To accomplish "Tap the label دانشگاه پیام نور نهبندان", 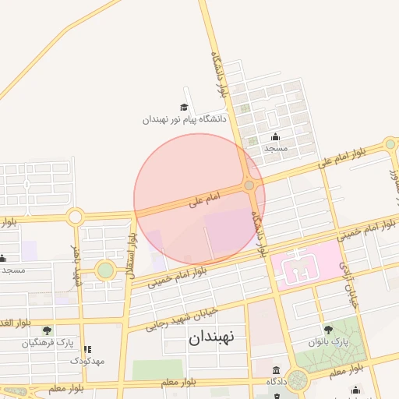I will tap(184, 120).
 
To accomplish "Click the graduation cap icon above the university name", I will tap(184, 108).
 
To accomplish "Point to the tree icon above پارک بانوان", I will tap(327, 330).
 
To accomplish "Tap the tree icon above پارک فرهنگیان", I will tap(48, 330).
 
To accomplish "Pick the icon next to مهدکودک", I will tap(87, 349).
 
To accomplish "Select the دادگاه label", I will tap(277, 381).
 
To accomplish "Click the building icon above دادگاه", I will tap(277, 369).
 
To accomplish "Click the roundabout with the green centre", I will tap(104, 270).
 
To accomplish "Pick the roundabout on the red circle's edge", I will tap(249, 185).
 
